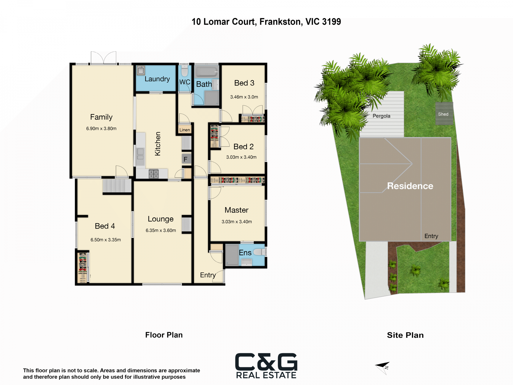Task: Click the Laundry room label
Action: pos(157,79)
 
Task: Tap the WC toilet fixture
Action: pos(185,71)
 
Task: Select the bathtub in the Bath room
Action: pos(207,72)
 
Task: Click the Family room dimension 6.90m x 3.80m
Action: pos(101,129)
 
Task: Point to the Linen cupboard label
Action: pos(185,130)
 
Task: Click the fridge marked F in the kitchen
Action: pos(186,159)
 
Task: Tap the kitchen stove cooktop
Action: pos(154,174)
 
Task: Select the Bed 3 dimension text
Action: pos(244,97)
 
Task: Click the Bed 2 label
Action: pos(243,147)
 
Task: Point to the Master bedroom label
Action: pos(236,210)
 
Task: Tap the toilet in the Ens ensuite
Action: pos(259,252)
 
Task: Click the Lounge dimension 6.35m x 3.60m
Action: pos(161,230)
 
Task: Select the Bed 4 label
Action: pos(105,226)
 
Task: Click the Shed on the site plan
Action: pos(444,113)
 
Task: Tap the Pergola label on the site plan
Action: pos(381,116)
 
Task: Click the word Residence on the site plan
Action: pos(410,186)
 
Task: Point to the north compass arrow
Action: pos(383,367)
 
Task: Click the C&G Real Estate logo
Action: pos(266,366)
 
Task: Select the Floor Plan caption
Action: pos(164,335)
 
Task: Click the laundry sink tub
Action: pos(141,71)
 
